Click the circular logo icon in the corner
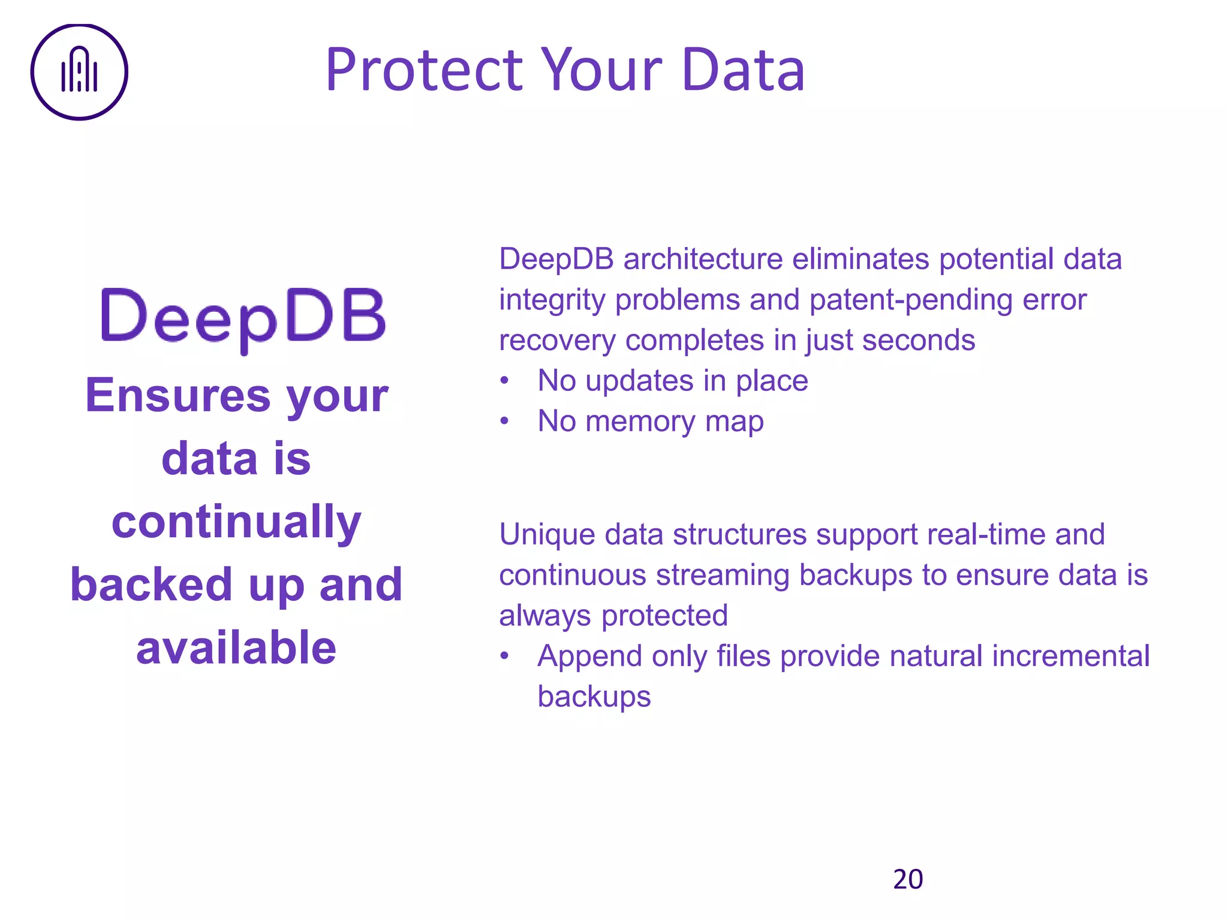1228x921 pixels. click(79, 72)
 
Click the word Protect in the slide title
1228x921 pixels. click(425, 70)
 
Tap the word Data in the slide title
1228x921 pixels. click(743, 70)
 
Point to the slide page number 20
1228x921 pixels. click(908, 879)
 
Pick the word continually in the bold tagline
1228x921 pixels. click(236, 522)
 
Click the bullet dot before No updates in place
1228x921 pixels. click(505, 381)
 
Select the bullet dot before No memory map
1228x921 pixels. click(505, 422)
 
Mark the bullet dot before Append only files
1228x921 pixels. click(505, 657)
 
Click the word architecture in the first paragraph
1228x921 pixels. click(703, 259)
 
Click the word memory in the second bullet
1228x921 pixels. click(640, 422)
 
